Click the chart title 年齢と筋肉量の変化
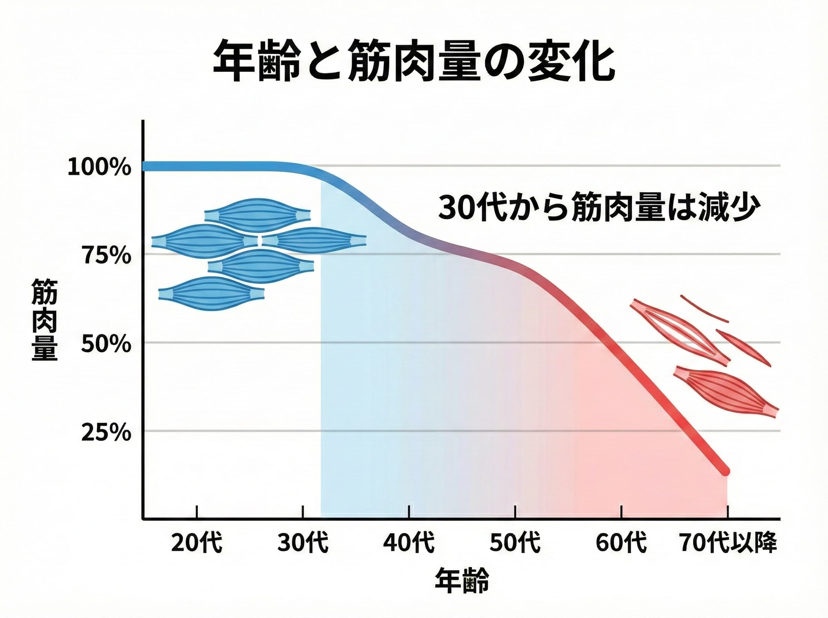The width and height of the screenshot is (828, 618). [x=414, y=62]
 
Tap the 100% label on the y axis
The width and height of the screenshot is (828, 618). [x=99, y=168]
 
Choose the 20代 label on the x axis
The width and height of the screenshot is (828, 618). [x=197, y=543]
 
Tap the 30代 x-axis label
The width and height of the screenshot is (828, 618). [x=303, y=543]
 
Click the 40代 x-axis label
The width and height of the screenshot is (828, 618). [x=409, y=543]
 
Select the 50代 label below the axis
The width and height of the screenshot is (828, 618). [x=515, y=543]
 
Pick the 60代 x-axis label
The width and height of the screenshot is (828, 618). [x=621, y=543]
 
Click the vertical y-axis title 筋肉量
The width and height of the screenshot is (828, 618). [x=44, y=320]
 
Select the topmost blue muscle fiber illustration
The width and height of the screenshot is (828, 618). [x=257, y=216]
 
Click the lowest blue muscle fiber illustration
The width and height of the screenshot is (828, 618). [x=211, y=294]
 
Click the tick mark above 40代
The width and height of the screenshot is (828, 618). [x=409, y=512]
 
